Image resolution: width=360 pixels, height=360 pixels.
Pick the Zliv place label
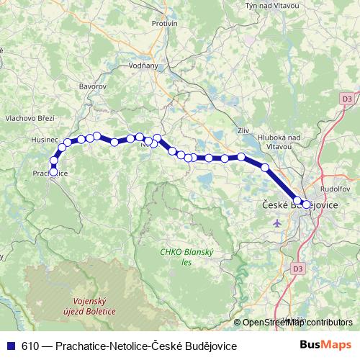242,131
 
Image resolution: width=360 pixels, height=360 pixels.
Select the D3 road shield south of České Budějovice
297,269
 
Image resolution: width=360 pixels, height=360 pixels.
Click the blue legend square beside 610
12,346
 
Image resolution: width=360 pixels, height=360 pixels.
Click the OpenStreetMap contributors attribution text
297,323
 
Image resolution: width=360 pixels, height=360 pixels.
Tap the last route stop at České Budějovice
307,204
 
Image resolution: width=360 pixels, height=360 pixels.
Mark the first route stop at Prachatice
53,171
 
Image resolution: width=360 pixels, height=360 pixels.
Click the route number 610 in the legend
31,346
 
